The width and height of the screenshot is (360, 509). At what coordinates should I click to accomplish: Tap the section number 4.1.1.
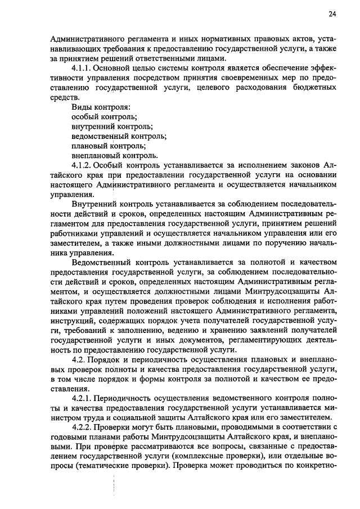(83, 67)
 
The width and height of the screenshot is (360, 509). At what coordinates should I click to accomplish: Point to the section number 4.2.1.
(83, 398)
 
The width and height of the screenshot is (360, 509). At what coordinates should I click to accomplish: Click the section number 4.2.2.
(83, 427)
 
